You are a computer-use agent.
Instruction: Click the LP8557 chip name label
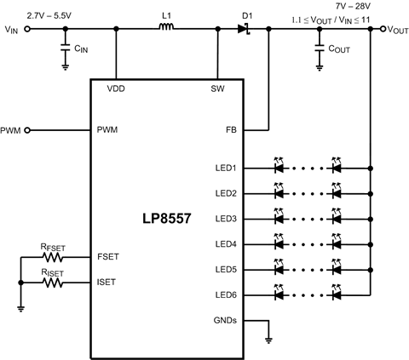click(168, 219)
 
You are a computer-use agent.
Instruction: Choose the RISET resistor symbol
click(54, 282)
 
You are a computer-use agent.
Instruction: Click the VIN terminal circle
click(26, 29)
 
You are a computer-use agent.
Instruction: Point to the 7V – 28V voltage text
click(354, 6)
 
